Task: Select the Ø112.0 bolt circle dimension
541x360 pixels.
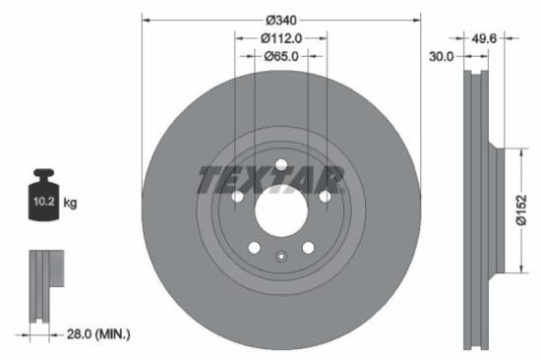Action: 281,37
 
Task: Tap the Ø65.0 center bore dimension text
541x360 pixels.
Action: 282,56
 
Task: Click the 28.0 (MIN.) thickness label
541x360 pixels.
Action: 94,334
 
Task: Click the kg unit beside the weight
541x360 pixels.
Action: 70,204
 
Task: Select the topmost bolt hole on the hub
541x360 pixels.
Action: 281,164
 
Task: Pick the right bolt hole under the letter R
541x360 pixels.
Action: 326,197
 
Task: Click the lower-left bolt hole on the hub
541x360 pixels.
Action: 254,248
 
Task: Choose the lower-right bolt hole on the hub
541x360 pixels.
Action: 309,248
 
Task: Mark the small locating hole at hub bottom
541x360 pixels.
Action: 281,260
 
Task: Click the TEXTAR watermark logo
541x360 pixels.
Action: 270,180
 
